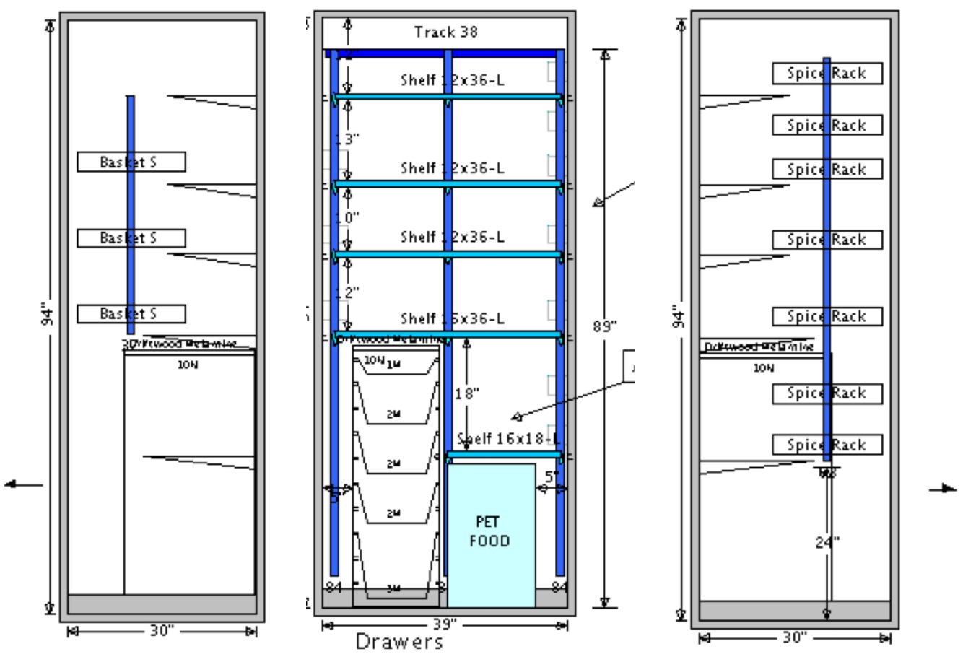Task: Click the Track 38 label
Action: point(445,32)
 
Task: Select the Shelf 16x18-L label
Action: point(509,439)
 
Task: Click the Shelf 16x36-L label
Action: point(453,318)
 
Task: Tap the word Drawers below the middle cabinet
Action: point(399,641)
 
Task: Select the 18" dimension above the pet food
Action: point(467,393)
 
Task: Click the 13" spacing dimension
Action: point(347,139)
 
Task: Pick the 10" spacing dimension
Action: point(347,217)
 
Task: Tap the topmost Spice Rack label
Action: point(827,73)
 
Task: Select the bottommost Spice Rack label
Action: point(827,445)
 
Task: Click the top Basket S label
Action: point(131,162)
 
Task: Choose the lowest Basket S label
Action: point(131,313)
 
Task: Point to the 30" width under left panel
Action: point(162,631)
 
